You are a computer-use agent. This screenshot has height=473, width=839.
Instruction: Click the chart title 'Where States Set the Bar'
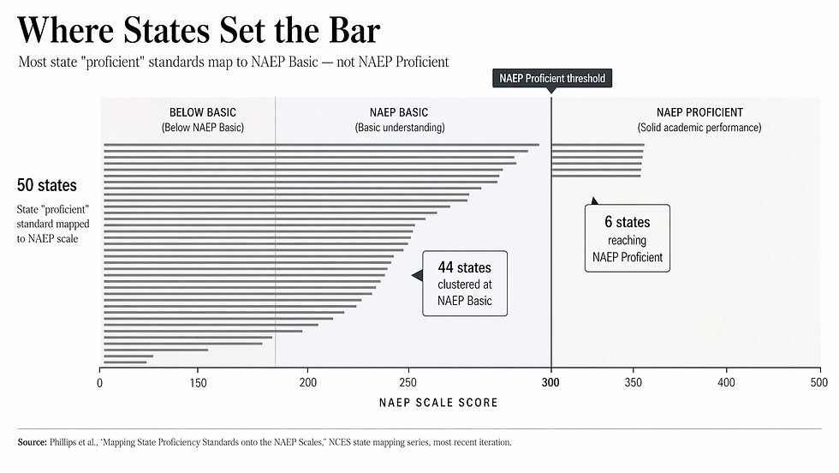pyautogui.click(x=199, y=31)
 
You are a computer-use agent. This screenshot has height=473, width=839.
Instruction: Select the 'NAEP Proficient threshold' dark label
pyautogui.click(x=553, y=79)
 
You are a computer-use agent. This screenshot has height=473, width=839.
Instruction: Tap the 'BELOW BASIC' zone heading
pyautogui.click(x=203, y=112)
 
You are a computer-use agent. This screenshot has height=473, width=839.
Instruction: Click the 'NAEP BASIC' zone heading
pyautogui.click(x=399, y=112)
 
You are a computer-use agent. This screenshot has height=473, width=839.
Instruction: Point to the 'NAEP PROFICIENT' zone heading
pyautogui.click(x=699, y=112)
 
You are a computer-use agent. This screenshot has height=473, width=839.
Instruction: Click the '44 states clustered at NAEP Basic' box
pyautogui.click(x=465, y=284)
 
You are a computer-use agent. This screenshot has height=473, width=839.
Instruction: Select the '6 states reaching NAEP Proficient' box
pyautogui.click(x=628, y=239)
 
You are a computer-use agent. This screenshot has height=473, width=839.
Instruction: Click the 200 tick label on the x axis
pyautogui.click(x=308, y=383)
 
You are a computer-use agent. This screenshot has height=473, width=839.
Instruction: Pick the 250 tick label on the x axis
pyautogui.click(x=408, y=383)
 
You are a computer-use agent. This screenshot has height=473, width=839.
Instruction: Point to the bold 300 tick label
pyautogui.click(x=551, y=383)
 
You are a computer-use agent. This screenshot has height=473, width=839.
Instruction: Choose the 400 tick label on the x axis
pyautogui.click(x=726, y=383)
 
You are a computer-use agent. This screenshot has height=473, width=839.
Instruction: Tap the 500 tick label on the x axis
pyautogui.click(x=819, y=383)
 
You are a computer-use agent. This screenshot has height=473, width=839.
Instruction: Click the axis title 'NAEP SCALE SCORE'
pyautogui.click(x=437, y=402)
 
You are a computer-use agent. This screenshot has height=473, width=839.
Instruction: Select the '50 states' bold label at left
pyautogui.click(x=46, y=185)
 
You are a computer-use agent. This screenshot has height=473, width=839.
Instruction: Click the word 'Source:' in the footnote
pyautogui.click(x=33, y=443)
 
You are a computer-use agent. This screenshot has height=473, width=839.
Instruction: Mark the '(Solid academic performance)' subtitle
pyautogui.click(x=699, y=128)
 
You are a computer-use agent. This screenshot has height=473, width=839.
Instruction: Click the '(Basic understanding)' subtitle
pyautogui.click(x=399, y=128)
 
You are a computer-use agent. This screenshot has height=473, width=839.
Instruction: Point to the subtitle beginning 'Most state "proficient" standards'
pyautogui.click(x=233, y=63)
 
